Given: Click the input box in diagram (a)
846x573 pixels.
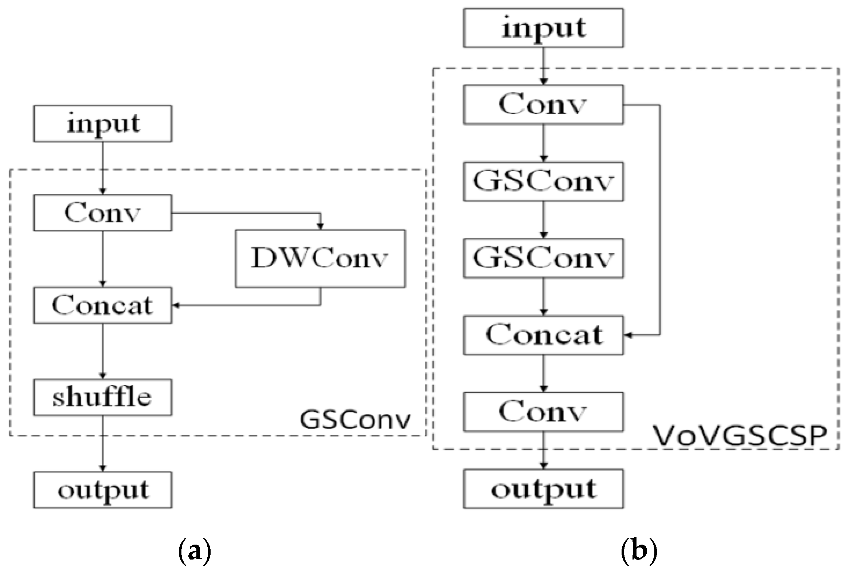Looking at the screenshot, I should [x=103, y=123].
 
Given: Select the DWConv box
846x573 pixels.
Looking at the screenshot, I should [x=320, y=258].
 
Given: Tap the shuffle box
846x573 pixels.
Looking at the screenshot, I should [x=103, y=398].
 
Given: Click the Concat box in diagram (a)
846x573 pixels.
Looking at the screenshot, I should [x=103, y=305].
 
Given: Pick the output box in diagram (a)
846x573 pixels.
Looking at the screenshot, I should [x=103, y=490].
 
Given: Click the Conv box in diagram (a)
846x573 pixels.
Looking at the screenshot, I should [x=103, y=213].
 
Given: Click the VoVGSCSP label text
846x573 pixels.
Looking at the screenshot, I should [x=740, y=436].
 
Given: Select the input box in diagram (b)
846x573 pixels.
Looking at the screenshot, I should [x=543, y=28].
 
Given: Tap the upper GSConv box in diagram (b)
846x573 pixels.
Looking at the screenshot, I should [x=543, y=181].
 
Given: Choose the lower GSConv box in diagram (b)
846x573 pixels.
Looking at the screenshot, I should [x=543, y=258].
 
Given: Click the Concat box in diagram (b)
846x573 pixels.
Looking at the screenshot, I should [x=543, y=335].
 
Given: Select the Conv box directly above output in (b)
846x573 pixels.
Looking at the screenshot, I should [x=543, y=412].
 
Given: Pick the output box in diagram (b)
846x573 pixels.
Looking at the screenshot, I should [x=543, y=489].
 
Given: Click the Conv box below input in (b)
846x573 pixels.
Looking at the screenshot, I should [x=543, y=104].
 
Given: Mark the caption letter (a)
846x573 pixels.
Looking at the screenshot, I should [x=195, y=552].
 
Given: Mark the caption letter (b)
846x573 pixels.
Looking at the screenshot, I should [x=638, y=552].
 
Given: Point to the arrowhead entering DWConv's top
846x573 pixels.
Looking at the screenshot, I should [x=320, y=226].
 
